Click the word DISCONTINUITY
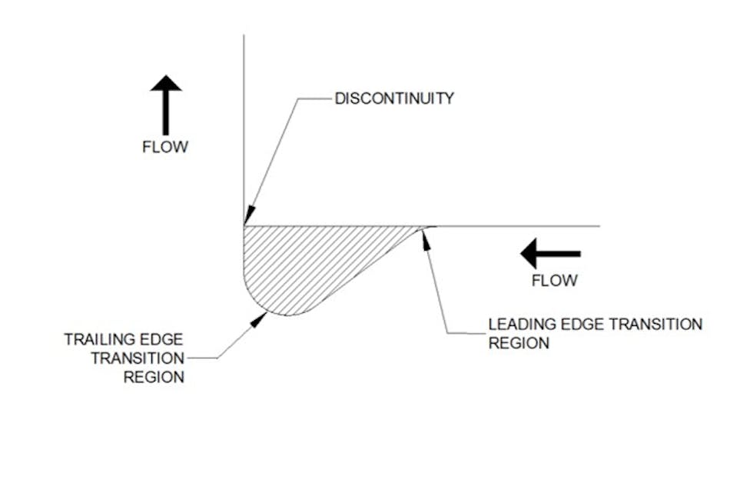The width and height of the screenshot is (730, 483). pos(394,98)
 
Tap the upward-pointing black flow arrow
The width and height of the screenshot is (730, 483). pos(165,105)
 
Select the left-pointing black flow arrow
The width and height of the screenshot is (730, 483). pos(550,253)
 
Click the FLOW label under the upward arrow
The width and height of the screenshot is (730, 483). pos(165,147)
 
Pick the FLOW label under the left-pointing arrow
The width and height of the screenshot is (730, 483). pos(554,281)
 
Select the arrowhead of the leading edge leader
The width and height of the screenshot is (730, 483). pos(424,234)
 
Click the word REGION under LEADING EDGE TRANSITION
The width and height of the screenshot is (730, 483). pos(519,343)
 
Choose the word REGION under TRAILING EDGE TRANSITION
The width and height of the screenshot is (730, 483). pos(154,377)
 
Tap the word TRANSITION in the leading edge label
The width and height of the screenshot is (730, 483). pos(654,324)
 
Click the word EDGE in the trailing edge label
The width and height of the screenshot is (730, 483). pos(166,339)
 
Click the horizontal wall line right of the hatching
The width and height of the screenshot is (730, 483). pos(523,226)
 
